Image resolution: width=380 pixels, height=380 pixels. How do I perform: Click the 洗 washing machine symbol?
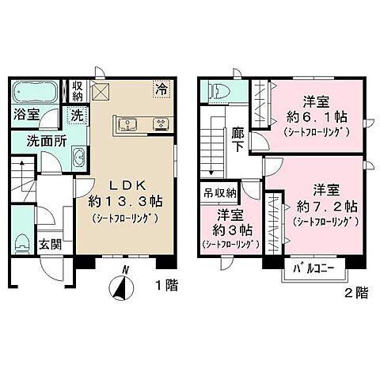[78, 114]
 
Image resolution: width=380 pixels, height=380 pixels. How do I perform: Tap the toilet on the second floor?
[221, 90]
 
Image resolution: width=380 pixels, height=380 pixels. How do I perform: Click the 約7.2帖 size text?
[328, 206]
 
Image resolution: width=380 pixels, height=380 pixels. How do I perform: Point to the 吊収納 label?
[221, 192]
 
